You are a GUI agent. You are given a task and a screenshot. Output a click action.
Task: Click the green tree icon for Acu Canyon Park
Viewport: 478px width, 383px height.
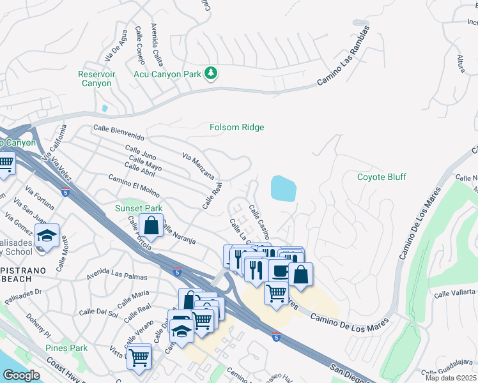click(211, 74)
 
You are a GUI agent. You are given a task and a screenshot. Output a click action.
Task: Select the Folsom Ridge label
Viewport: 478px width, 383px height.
click(236, 127)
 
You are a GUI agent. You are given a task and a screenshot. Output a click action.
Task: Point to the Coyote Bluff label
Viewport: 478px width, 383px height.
click(382, 177)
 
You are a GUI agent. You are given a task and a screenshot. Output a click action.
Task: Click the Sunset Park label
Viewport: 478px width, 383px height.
click(139, 208)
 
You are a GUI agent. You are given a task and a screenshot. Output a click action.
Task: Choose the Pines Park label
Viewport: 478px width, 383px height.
click(66, 348)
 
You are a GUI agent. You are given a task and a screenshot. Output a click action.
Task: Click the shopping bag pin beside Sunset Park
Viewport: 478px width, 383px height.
click(151, 225)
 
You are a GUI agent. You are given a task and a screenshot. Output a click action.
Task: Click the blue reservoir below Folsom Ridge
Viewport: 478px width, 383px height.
click(284, 188)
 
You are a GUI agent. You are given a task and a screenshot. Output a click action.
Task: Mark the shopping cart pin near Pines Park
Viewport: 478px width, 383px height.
click(139, 356)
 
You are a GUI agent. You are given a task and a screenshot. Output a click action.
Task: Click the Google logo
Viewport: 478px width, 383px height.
click(21, 375)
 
